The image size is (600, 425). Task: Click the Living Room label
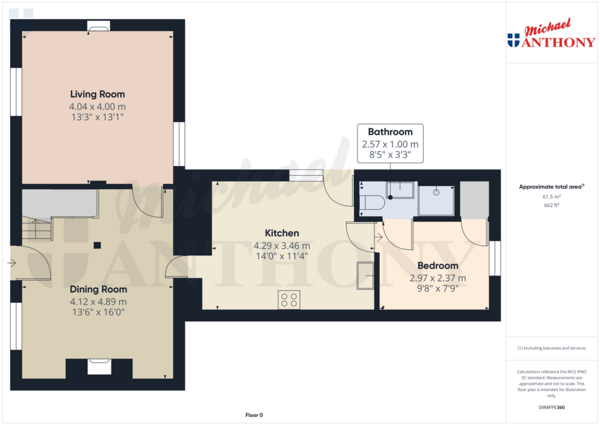pyautogui.click(x=98, y=94)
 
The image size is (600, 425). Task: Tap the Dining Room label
pyautogui.click(x=98, y=290)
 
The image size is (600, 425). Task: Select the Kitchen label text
pyautogui.click(x=282, y=233)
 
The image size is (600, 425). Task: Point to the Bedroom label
pyautogui.click(x=438, y=266)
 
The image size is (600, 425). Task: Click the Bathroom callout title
pyautogui.click(x=390, y=132)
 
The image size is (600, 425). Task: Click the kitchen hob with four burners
pyautogui.click(x=289, y=300)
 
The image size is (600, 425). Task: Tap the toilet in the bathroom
pyautogui.click(x=372, y=202)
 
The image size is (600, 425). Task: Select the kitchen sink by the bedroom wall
pyautogui.click(x=366, y=276)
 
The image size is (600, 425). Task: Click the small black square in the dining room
pyautogui.click(x=97, y=245)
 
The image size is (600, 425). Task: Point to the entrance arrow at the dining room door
pyautogui.click(x=12, y=263)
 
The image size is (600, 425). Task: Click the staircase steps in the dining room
pyautogui.click(x=37, y=229)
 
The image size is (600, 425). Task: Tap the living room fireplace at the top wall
pyautogui.click(x=98, y=26)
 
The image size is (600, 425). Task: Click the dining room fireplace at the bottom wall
pyautogui.click(x=100, y=366)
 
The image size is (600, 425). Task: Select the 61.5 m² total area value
pyautogui.click(x=551, y=197)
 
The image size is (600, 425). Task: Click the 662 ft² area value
pyautogui.click(x=551, y=205)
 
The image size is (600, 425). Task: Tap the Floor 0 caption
pyautogui.click(x=254, y=415)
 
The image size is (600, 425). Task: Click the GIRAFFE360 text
pyautogui.click(x=551, y=407)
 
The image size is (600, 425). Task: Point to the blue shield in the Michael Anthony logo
pyautogui.click(x=513, y=40)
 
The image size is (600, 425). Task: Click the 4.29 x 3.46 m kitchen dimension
pyautogui.click(x=282, y=246)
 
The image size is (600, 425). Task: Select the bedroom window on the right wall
pyautogui.click(x=495, y=258)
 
